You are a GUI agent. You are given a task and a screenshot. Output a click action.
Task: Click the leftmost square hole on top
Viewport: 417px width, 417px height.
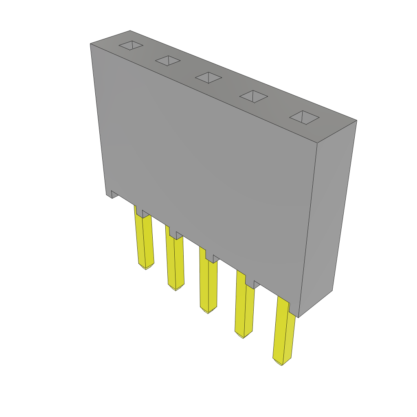pyautogui.click(x=131, y=45)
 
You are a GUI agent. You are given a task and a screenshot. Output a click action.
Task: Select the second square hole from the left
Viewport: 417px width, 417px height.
pyautogui.click(x=168, y=61)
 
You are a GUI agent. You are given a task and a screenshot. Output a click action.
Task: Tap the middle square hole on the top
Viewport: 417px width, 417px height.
pyautogui.click(x=208, y=77)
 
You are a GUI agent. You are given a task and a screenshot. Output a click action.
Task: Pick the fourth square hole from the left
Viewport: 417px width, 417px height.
pyautogui.click(x=253, y=97)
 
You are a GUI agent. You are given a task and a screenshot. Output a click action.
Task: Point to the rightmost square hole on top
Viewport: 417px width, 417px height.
pyautogui.click(x=304, y=117)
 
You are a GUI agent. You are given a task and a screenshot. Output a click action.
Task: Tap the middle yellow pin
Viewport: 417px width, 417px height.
pyautogui.click(x=208, y=285)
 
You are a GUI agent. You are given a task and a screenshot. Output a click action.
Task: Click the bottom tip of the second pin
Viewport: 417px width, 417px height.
pyautogui.click(x=176, y=290)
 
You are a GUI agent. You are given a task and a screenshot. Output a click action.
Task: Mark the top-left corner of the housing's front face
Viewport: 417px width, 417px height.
pyautogui.click(x=91, y=44)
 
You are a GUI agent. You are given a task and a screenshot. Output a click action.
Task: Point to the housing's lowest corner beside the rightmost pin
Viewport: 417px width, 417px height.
pyautogui.click(x=298, y=317)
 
